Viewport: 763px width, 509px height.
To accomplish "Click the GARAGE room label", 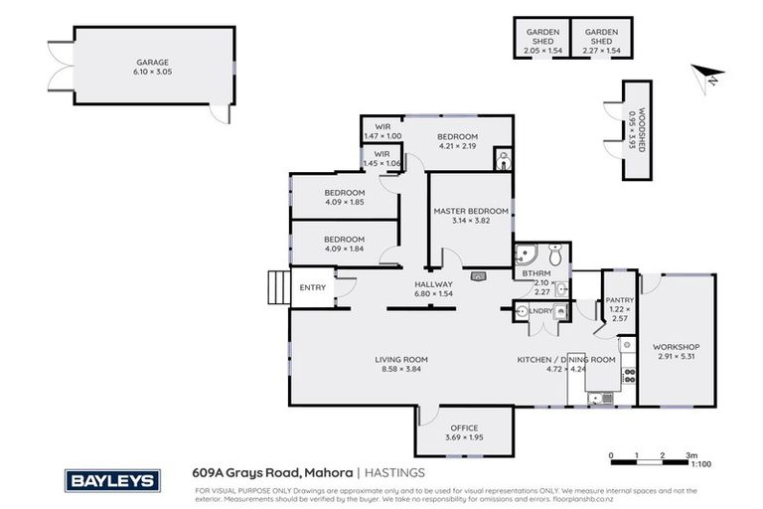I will coord(152,62).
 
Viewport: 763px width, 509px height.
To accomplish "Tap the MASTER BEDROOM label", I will coord(471,212).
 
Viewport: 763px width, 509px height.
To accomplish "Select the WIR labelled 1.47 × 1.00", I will coord(382,131).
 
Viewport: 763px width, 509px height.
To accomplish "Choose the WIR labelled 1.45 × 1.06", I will coord(381,158).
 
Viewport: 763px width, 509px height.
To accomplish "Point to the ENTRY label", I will coord(312,288).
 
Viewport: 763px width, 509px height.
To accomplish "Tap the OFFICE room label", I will coord(464,427).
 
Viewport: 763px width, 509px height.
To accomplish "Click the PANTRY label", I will coord(619,300).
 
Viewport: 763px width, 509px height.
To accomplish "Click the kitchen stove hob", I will coord(628,376).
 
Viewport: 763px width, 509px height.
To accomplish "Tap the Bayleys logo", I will coord(111,480).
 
